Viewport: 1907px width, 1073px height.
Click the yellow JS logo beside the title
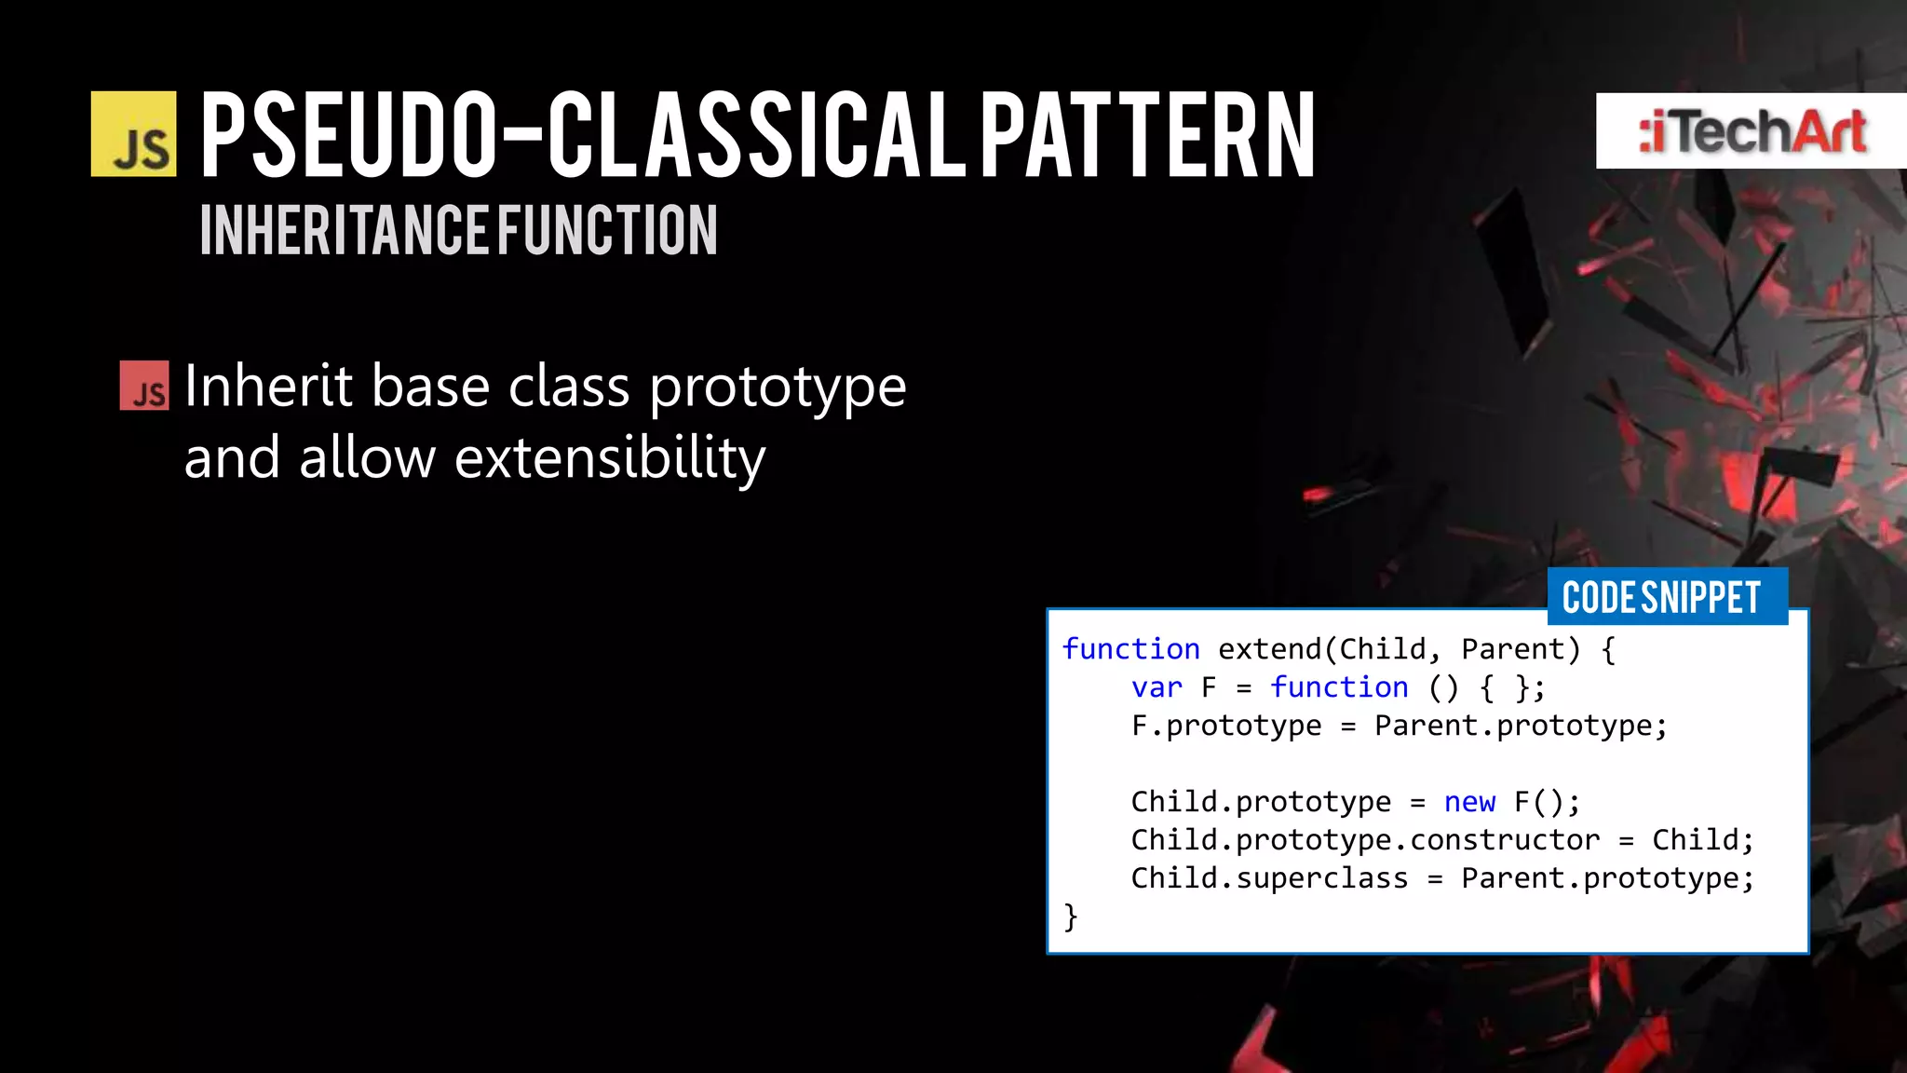coord(133,134)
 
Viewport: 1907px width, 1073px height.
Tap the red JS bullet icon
coord(144,386)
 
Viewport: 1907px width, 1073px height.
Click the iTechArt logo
coord(1751,131)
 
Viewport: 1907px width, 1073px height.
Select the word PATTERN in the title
coord(1147,135)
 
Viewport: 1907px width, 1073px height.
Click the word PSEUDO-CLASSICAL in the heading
coord(583,135)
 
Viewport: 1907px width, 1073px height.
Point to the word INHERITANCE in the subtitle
coord(345,231)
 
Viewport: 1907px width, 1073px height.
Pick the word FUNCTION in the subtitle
coord(607,231)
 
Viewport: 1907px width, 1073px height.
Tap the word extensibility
coord(610,457)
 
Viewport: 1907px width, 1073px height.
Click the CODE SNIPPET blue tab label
coord(1661,597)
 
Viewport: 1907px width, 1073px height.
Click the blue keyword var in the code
coord(1156,687)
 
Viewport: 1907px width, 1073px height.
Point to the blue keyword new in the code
coord(1469,802)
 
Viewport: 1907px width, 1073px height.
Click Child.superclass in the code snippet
coord(1269,878)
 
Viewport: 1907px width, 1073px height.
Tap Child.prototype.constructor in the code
coord(1365,840)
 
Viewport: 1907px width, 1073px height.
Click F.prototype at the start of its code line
coord(1225,726)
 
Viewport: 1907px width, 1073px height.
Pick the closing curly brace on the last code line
coord(1071,917)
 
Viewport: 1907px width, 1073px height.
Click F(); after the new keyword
coord(1547,802)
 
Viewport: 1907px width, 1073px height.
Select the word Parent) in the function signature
coord(1521,649)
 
